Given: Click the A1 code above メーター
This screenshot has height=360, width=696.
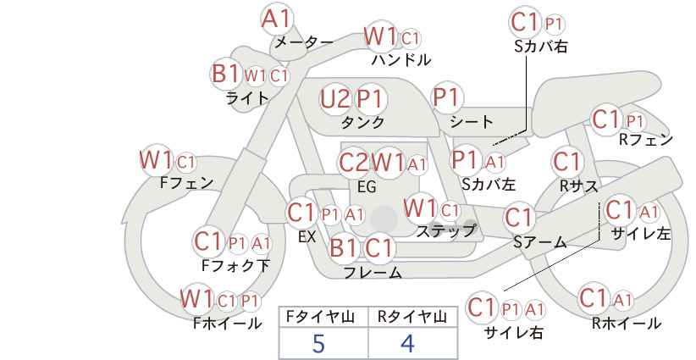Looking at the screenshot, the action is click(276, 19).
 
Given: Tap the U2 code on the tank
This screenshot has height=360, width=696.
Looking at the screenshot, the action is click(335, 98).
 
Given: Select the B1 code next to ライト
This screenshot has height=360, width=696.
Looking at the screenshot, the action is click(225, 73).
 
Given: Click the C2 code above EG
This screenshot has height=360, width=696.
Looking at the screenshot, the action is click(354, 163).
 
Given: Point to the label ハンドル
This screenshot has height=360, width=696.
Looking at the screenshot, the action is click(401, 59).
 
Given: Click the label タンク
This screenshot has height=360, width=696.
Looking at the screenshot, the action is click(362, 122).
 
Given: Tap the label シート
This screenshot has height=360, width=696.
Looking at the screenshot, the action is click(471, 122).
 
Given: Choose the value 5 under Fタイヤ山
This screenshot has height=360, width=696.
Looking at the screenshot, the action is click(318, 343).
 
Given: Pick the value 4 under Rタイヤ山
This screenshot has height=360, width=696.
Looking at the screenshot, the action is click(407, 343).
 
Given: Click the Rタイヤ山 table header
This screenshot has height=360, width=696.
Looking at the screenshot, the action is click(412, 317).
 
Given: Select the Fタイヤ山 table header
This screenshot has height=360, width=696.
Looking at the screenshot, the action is click(320, 317).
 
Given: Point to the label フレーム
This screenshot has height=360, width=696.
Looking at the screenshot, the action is click(373, 272).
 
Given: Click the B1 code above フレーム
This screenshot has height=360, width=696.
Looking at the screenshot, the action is click(343, 247).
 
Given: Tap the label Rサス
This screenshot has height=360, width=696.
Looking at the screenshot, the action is click(579, 186).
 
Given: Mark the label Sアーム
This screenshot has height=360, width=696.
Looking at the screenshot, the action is click(540, 242).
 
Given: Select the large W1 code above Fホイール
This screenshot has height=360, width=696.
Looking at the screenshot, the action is click(196, 298).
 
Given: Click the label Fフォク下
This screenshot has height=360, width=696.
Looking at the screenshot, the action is click(235, 265).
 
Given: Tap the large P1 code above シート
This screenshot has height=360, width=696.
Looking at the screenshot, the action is click(447, 97).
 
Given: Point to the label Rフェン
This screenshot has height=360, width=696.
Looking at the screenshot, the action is click(646, 140).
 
